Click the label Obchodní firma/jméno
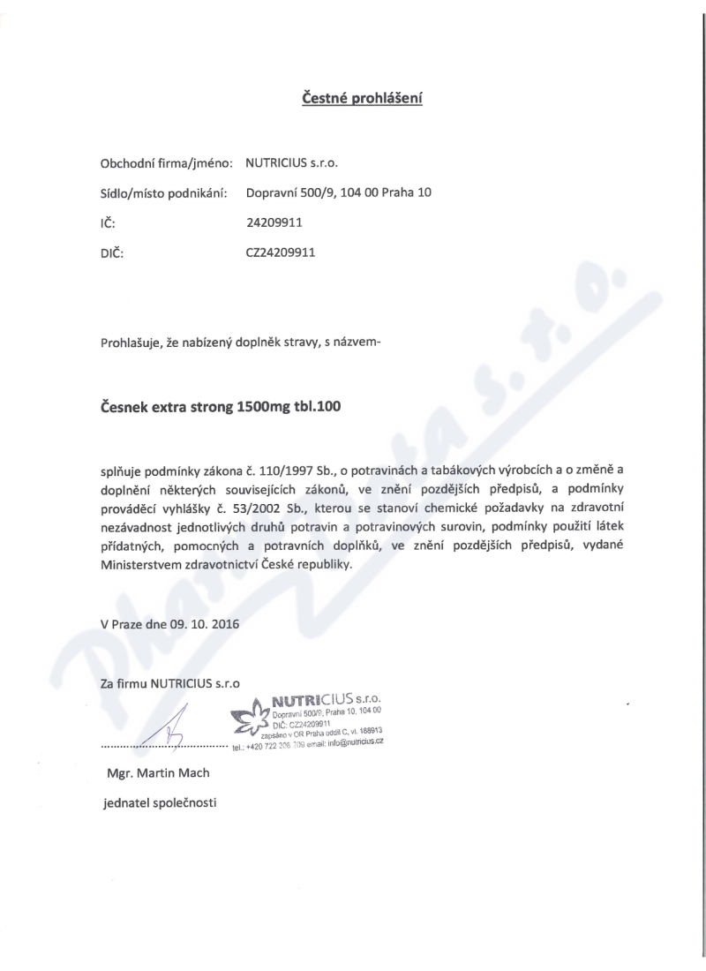[167, 163]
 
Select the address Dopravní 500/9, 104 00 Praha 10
[339, 192]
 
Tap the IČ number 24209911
[274, 222]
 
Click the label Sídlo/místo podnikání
[165, 192]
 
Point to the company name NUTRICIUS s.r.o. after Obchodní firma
[291, 163]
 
